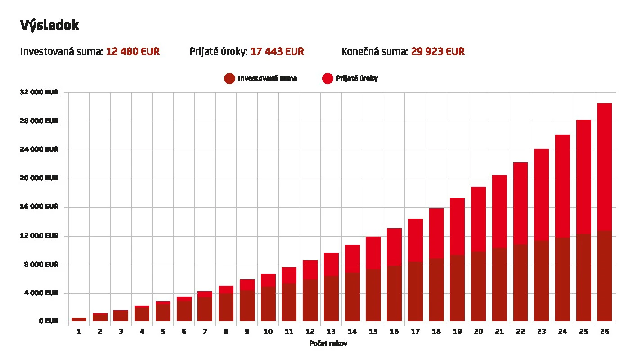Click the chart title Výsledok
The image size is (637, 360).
49,25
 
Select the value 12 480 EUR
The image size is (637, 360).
133,52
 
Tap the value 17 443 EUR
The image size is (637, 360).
277,52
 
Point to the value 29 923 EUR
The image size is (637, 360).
438,52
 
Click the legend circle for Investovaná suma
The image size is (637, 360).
229,78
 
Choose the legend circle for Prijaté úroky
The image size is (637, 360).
327,78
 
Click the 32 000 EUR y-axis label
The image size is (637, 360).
39,92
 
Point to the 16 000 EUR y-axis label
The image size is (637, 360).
39,207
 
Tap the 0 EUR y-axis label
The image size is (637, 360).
49,321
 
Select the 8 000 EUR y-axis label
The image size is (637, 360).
41,265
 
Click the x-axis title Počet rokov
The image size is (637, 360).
328,343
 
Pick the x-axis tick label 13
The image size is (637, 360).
331,332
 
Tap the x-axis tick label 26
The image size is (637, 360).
604,332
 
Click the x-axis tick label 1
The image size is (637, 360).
79,332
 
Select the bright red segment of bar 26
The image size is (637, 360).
604,166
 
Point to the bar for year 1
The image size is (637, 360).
79,319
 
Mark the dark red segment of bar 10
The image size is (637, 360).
268,304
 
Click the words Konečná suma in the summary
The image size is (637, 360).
374,52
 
